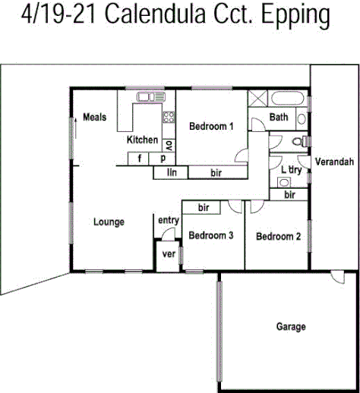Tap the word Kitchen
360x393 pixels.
click(x=142, y=140)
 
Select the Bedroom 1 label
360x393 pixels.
click(x=211, y=126)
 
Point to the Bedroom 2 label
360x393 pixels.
click(x=278, y=237)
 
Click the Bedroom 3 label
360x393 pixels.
click(x=210, y=236)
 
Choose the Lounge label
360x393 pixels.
click(x=109, y=222)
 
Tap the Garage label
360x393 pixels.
click(x=290, y=327)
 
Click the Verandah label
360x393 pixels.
click(x=334, y=162)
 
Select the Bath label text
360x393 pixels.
click(x=279, y=117)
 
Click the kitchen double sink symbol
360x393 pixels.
click(x=150, y=96)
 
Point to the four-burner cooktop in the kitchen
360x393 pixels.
click(x=169, y=118)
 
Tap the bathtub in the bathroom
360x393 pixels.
click(x=289, y=99)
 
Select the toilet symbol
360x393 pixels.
click(x=304, y=141)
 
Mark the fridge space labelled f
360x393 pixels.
click(x=140, y=159)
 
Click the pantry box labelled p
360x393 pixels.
click(x=163, y=159)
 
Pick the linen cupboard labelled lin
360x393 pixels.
click(x=172, y=173)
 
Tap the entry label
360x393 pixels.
click(x=168, y=221)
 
